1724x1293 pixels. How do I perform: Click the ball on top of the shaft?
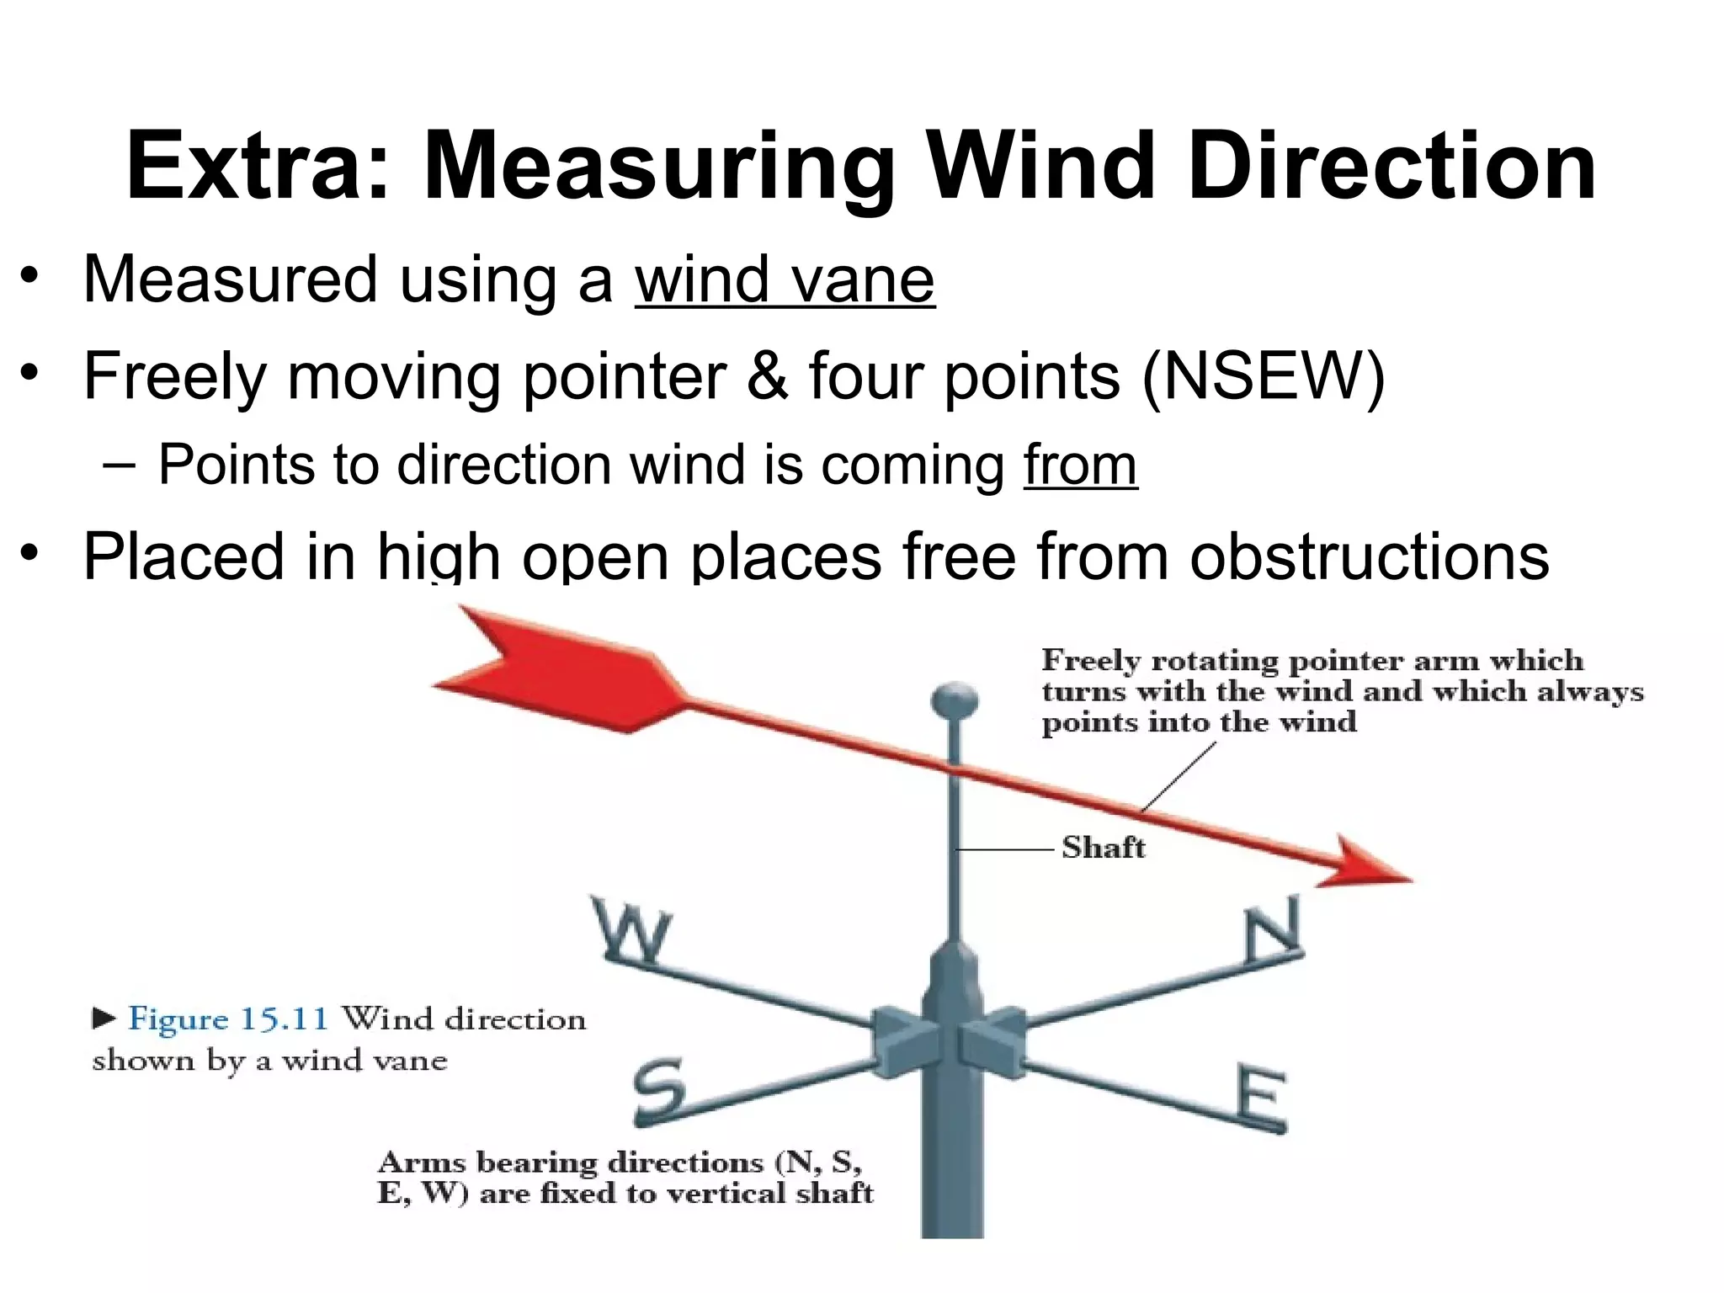click(x=955, y=701)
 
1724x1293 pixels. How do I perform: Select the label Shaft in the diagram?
click(x=1103, y=848)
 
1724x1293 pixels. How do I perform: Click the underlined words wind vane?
click(x=785, y=280)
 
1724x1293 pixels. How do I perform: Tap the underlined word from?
click(x=1080, y=465)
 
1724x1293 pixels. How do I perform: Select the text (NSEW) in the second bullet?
click(x=1264, y=376)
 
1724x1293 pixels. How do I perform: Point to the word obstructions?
click(x=1369, y=556)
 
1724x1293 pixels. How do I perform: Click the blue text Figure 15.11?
click(x=227, y=1019)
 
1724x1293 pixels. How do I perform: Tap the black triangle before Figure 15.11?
click(x=104, y=1019)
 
